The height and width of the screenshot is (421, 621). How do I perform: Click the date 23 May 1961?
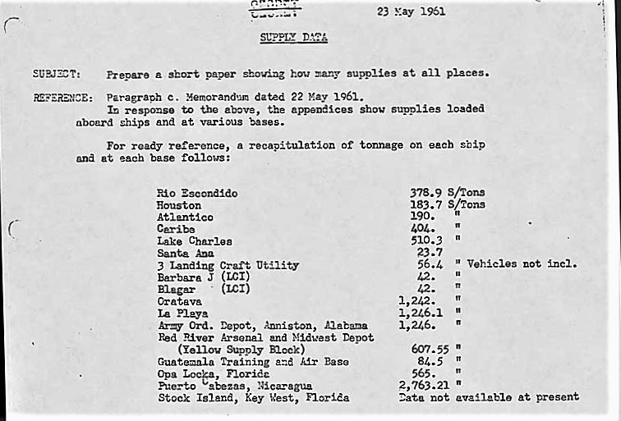(411, 12)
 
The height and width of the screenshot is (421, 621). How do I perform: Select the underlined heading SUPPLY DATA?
(293, 37)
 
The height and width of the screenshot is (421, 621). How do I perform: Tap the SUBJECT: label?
(56, 73)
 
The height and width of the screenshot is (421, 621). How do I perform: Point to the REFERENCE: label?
(62, 97)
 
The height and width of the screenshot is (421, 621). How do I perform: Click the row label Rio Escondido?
(197, 194)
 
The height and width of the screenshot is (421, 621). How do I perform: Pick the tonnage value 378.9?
(426, 193)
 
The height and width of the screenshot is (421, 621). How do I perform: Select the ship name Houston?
(179, 205)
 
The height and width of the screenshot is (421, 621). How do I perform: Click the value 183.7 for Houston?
(426, 204)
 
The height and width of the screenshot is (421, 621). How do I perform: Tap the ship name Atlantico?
(185, 217)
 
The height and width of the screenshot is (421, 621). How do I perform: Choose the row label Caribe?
(177, 229)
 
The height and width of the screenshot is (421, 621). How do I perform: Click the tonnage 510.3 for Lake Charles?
(426, 240)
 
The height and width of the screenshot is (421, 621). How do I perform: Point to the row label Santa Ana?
(185, 254)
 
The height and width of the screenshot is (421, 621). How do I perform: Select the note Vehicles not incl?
(522, 264)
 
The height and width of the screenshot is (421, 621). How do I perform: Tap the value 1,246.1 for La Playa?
(421, 313)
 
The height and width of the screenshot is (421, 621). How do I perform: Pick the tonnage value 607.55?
(429, 349)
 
